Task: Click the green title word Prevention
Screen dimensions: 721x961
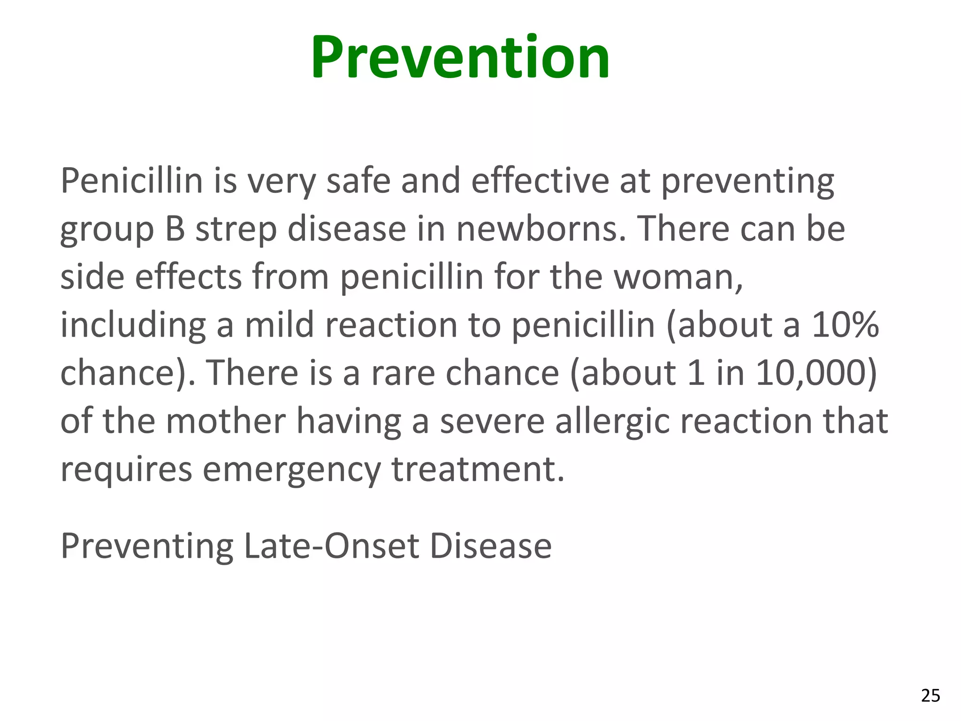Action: (460, 57)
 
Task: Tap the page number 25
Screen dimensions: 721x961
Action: (930, 695)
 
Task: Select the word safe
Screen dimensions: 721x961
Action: (358, 181)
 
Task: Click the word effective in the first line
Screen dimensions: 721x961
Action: (540, 181)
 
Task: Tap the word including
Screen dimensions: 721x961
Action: (133, 325)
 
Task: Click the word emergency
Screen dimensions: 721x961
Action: (292, 470)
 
